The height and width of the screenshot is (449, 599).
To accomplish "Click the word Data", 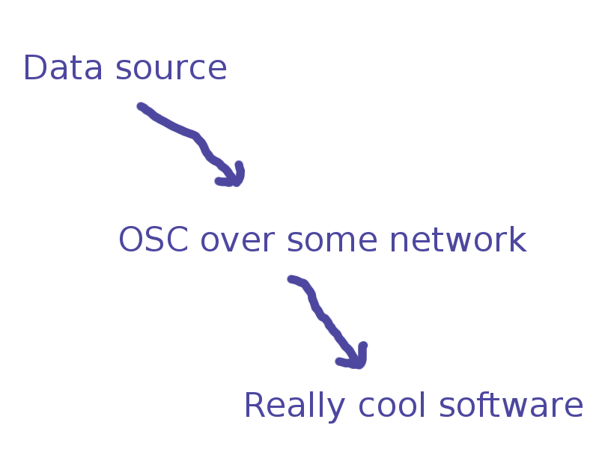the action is (x=63, y=67).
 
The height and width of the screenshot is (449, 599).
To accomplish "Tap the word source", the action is (x=171, y=69).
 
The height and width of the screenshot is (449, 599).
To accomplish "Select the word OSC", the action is (x=153, y=239).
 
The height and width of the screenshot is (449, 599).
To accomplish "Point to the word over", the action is (x=237, y=241).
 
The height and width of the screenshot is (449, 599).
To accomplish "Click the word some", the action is (x=332, y=241).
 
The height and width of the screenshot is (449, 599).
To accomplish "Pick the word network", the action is (x=458, y=239).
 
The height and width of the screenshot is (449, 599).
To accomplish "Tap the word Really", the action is (x=295, y=406).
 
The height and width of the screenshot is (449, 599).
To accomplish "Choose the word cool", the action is (x=392, y=405).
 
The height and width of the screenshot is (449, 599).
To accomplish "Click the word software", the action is (x=511, y=405).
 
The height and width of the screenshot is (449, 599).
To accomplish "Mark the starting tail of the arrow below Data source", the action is (x=141, y=106).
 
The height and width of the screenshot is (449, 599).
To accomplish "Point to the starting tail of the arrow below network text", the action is (x=291, y=279).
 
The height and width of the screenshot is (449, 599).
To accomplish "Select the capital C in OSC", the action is (x=177, y=239).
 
